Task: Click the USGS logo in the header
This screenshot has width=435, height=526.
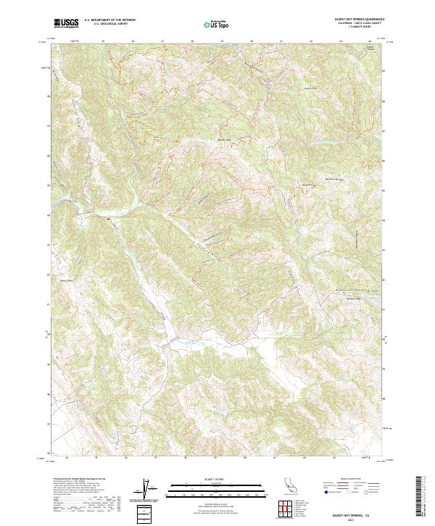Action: (66, 23)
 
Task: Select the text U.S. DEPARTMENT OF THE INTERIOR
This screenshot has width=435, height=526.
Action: (109, 20)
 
